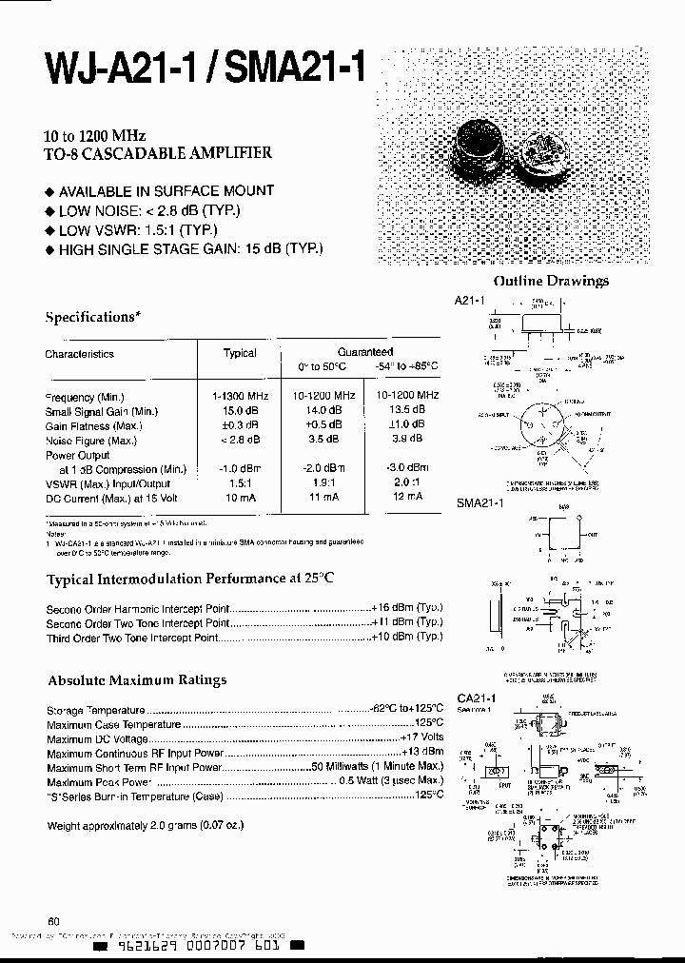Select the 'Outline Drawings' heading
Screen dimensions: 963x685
(x=550, y=281)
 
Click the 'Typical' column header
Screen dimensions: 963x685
(x=240, y=353)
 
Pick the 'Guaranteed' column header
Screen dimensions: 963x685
(x=365, y=352)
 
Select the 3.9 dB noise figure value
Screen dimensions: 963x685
(x=407, y=439)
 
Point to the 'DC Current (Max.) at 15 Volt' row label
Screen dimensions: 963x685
(x=104, y=499)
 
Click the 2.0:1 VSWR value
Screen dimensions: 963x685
(x=407, y=483)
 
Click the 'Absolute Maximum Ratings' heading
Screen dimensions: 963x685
(x=138, y=680)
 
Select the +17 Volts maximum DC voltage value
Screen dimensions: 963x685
(x=421, y=738)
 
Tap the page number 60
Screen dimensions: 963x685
(x=53, y=921)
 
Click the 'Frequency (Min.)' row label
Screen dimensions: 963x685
(x=85, y=397)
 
